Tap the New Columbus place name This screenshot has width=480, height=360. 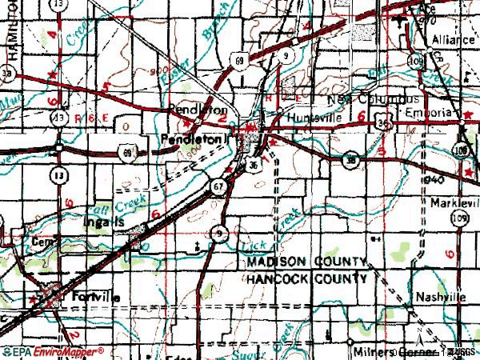click(x=374, y=99)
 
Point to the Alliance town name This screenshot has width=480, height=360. click(x=452, y=38)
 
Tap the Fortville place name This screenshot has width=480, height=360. click(x=94, y=297)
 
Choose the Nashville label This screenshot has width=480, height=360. click(x=440, y=297)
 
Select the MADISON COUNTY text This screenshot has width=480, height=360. click(x=306, y=262)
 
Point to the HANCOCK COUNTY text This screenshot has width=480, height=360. click(x=306, y=278)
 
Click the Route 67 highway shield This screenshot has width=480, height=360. click(x=218, y=186)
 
